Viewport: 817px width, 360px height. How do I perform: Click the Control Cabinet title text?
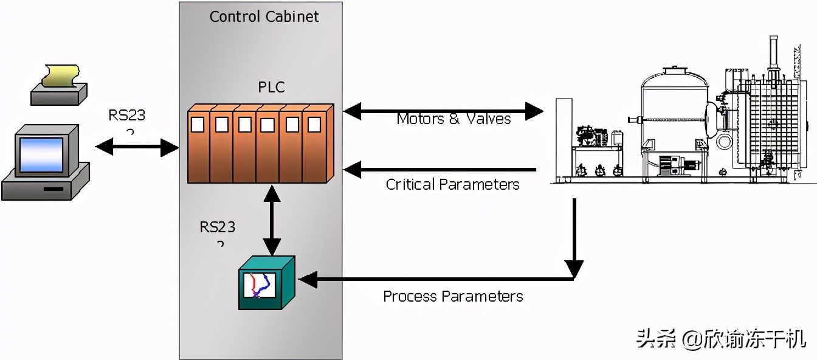(264, 16)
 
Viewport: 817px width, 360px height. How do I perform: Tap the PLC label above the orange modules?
(271, 88)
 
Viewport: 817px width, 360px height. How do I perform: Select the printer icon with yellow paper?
(58, 84)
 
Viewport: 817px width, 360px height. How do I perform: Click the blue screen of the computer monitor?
(42, 154)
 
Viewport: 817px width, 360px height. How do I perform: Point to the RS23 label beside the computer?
(127, 116)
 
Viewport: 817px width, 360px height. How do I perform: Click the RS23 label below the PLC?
(218, 227)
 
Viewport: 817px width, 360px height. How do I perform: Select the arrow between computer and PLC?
(137, 147)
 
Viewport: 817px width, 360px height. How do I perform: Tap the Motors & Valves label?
(453, 119)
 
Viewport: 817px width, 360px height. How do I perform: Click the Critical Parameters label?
(453, 184)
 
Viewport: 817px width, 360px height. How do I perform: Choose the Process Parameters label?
(453, 297)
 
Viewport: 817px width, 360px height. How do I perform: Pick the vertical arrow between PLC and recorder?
(272, 220)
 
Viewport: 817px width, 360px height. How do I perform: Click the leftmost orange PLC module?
(198, 144)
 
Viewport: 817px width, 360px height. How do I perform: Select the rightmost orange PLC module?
(315, 144)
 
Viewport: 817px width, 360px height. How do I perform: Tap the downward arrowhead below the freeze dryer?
(574, 269)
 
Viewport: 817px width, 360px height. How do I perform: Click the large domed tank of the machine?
(675, 122)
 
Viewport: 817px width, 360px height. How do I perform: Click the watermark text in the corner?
(721, 339)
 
